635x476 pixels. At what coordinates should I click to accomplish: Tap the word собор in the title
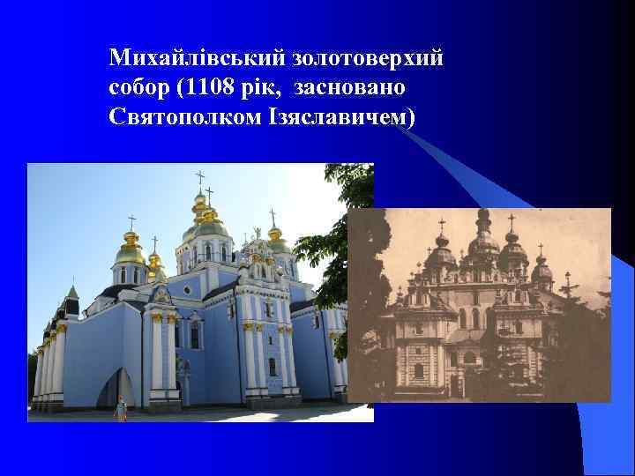tap(138, 88)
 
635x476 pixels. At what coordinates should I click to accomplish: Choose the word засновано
tap(350, 88)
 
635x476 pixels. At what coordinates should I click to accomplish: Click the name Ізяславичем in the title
tap(336, 117)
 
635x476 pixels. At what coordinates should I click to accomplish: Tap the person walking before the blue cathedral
tap(121, 408)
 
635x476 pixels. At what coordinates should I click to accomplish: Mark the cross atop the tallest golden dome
tap(200, 178)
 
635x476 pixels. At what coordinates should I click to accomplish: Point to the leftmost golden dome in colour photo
tap(131, 250)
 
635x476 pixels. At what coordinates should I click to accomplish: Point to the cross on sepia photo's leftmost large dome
tap(441, 226)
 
